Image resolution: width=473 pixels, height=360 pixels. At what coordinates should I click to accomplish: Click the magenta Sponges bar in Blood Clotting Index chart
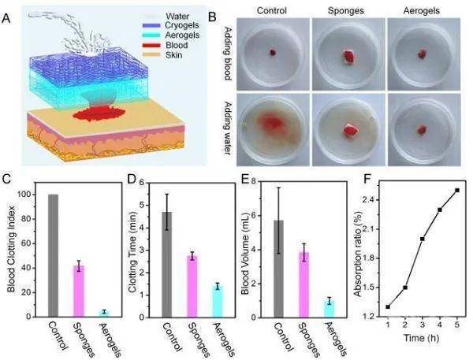click(78, 291)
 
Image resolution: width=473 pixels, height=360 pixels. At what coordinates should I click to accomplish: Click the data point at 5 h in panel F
click(456, 190)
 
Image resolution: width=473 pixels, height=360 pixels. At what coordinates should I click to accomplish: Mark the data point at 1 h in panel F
click(388, 306)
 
